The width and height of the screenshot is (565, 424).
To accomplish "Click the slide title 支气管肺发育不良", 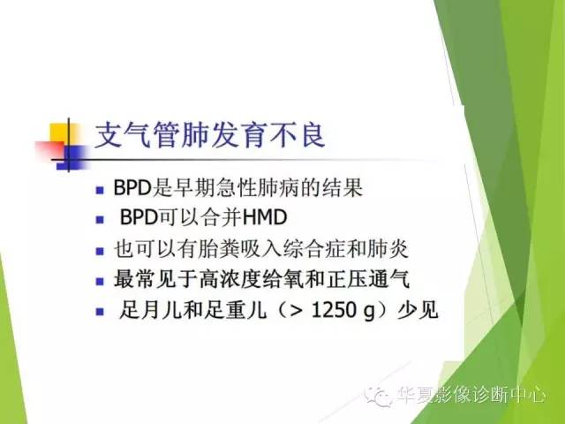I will coord(209,138).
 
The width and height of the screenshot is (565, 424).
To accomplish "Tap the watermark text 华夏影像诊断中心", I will coord(471,397).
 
